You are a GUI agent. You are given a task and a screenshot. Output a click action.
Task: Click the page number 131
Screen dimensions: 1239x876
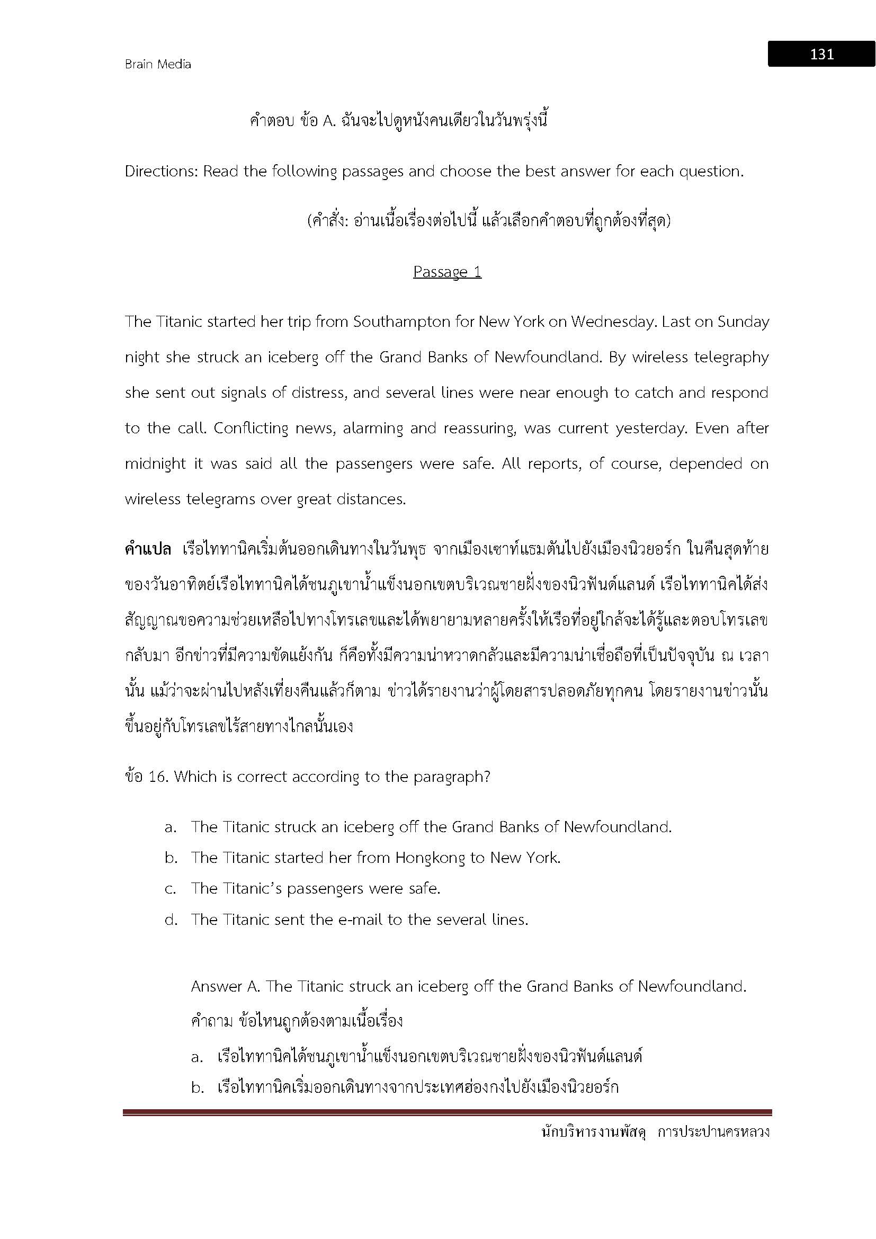coord(821,54)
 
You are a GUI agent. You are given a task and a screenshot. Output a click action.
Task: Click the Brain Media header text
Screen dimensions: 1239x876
coord(158,64)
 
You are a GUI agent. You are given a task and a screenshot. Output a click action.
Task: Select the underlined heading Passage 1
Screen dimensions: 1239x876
coord(447,271)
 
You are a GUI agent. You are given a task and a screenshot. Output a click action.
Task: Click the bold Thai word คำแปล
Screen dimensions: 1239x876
coord(148,550)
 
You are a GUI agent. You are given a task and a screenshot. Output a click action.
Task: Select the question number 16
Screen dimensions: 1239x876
coord(156,777)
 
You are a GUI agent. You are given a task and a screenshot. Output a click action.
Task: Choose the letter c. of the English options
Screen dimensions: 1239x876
coord(171,889)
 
